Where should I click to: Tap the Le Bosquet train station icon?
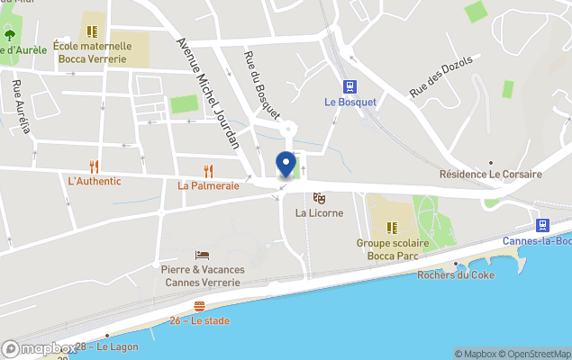coord(350,87)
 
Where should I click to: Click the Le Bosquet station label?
coord(350,103)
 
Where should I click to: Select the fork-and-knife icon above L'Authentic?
coord(94,166)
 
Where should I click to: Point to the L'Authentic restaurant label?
coord(94,181)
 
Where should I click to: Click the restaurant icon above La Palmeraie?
coord(208,171)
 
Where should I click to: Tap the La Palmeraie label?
coord(208,186)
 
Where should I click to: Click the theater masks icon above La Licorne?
coord(318,198)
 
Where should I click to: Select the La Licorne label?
coord(318,213)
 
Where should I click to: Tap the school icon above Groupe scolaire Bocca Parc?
coord(392,228)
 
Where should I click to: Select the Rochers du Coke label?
coord(456,275)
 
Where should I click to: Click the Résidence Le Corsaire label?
coord(490,174)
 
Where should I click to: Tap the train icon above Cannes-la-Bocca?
coord(542,226)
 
